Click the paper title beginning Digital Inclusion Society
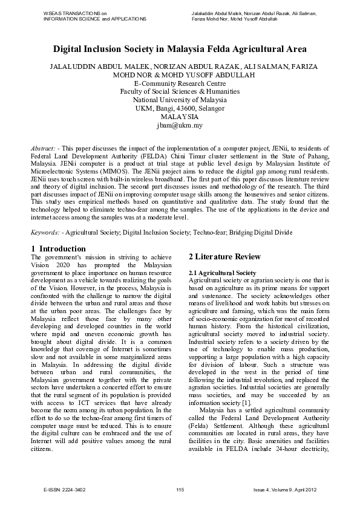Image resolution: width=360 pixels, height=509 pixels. [x=180, y=49]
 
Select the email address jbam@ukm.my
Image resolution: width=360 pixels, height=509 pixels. [x=180, y=126]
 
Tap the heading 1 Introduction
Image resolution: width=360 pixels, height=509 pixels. [x=58, y=248]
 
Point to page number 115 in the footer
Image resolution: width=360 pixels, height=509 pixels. [x=180, y=488]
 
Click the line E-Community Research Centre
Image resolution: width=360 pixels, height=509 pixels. [x=180, y=83]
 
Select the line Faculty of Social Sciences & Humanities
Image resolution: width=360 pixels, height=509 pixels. [x=180, y=91]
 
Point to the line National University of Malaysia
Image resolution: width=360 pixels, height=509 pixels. [x=180, y=100]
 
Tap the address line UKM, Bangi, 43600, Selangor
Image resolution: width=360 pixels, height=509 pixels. [x=180, y=108]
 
